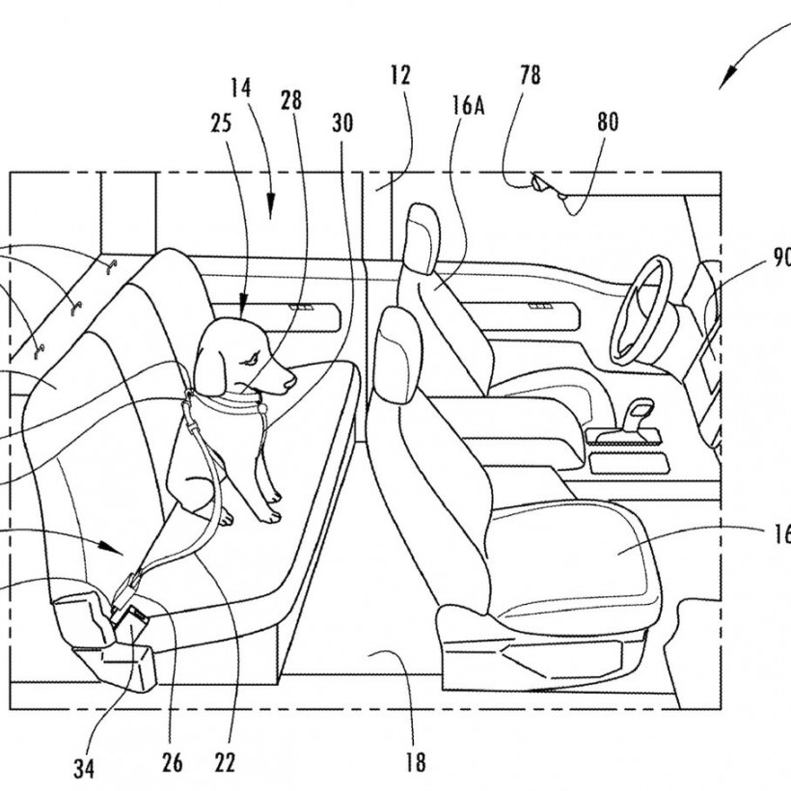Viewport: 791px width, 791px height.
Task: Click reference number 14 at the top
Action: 240,88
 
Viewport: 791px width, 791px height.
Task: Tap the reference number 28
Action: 291,100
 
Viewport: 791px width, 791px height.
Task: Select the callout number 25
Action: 221,123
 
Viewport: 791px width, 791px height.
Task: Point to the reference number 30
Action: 342,123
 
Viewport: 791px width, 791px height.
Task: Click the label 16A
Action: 468,106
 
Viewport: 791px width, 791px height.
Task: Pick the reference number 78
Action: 531,74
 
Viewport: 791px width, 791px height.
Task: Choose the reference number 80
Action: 608,122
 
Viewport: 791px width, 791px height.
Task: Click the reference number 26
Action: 172,763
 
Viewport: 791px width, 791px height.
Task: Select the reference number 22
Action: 225,763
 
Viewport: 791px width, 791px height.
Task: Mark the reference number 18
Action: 415,762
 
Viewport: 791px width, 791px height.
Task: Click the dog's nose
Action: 291,380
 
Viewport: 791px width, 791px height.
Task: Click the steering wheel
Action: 641,311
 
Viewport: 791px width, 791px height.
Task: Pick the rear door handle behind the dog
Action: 301,307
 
